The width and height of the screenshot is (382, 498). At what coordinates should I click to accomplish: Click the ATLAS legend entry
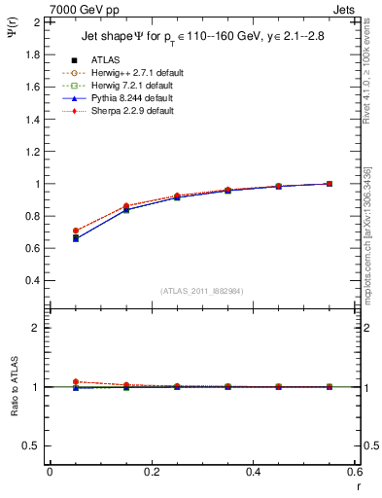pyautogui.click(x=105, y=59)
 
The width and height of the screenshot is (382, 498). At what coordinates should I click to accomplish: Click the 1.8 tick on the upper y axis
pyautogui.click(x=32, y=54)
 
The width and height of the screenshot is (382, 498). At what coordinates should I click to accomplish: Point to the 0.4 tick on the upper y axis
pyautogui.click(x=32, y=280)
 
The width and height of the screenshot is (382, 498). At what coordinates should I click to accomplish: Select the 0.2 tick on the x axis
pyautogui.click(x=151, y=473)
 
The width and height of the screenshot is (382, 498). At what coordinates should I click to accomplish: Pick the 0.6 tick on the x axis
pyautogui.click(x=354, y=473)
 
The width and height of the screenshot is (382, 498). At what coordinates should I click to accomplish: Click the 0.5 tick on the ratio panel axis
pyautogui.click(x=32, y=445)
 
